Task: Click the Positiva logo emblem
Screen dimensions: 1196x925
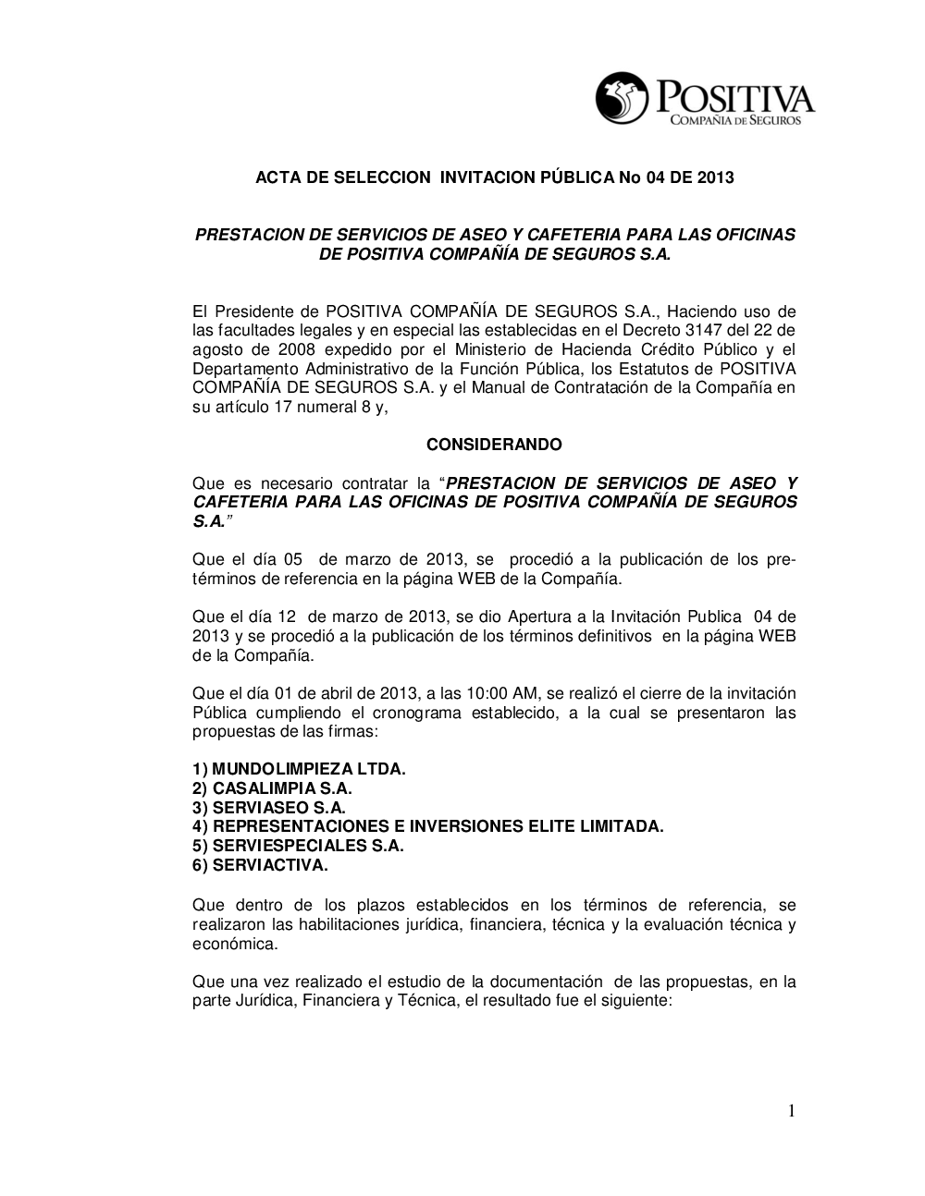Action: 623,99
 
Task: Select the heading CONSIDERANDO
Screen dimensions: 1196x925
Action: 494,445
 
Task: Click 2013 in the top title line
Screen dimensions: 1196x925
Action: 715,177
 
